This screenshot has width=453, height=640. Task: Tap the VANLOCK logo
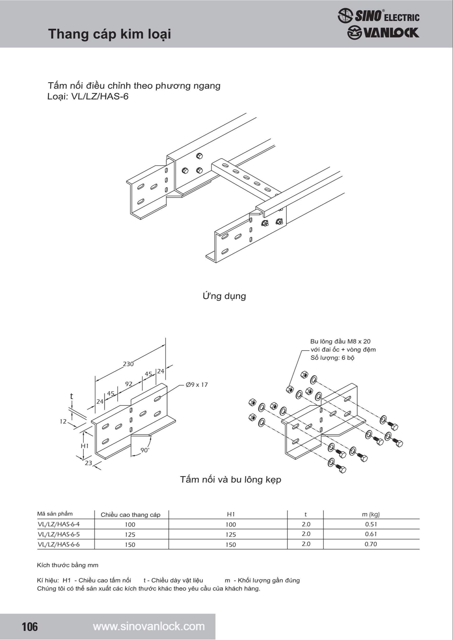click(383, 33)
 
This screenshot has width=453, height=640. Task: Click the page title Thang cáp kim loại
click(109, 34)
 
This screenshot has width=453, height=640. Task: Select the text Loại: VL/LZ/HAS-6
click(88, 97)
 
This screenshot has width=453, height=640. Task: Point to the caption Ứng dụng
click(224, 296)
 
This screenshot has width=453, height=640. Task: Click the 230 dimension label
click(128, 364)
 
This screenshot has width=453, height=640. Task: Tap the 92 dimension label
click(128, 384)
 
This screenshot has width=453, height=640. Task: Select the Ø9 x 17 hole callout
click(197, 385)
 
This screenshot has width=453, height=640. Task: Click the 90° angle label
click(145, 450)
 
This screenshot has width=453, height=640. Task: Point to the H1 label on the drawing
click(85, 446)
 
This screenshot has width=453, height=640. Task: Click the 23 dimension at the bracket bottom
click(88, 463)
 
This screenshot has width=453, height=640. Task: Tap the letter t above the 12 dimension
click(72, 396)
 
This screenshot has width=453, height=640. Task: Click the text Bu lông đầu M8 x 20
click(340, 341)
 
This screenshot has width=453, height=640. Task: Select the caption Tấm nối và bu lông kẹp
click(230, 479)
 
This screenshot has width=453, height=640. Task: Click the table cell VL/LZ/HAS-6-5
click(59, 534)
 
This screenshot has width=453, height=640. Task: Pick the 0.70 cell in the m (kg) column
click(371, 544)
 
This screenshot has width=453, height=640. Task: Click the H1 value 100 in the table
click(230, 524)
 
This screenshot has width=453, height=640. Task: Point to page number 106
click(29, 627)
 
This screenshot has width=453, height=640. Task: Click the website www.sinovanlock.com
click(149, 627)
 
